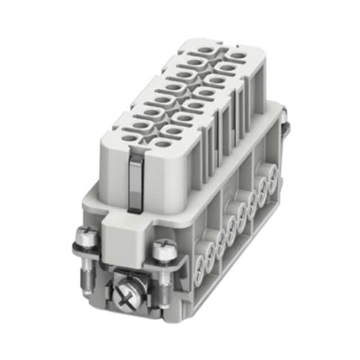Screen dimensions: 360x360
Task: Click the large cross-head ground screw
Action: coord(126,292)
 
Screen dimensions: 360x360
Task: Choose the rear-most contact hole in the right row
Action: coord(238,56)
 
